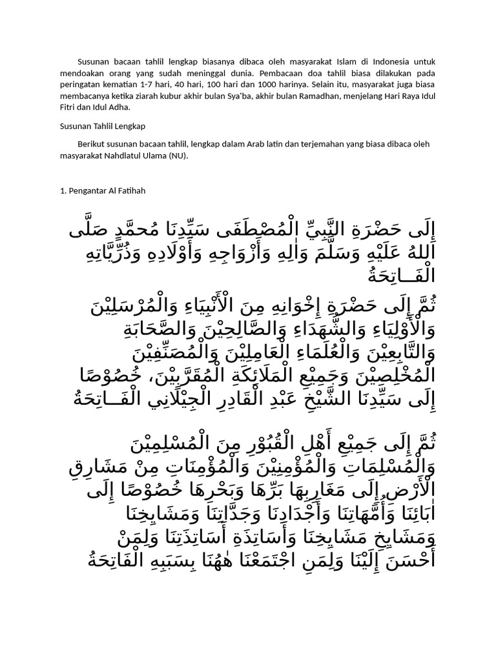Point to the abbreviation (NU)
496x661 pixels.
click(176, 155)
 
